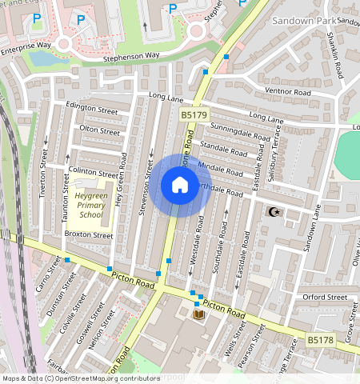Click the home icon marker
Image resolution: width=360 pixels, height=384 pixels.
(180, 186)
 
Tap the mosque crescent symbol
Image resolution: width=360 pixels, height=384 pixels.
(275, 212)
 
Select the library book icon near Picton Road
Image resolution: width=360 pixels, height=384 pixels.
(198, 316)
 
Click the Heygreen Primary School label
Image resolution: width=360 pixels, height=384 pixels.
(90, 205)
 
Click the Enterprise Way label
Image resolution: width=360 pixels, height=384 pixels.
(27, 50)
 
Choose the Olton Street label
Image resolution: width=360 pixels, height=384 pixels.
(99, 130)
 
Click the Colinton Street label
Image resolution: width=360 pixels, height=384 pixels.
(94, 172)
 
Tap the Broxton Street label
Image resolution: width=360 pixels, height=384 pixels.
(89, 235)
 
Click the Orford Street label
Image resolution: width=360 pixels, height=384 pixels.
(324, 298)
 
